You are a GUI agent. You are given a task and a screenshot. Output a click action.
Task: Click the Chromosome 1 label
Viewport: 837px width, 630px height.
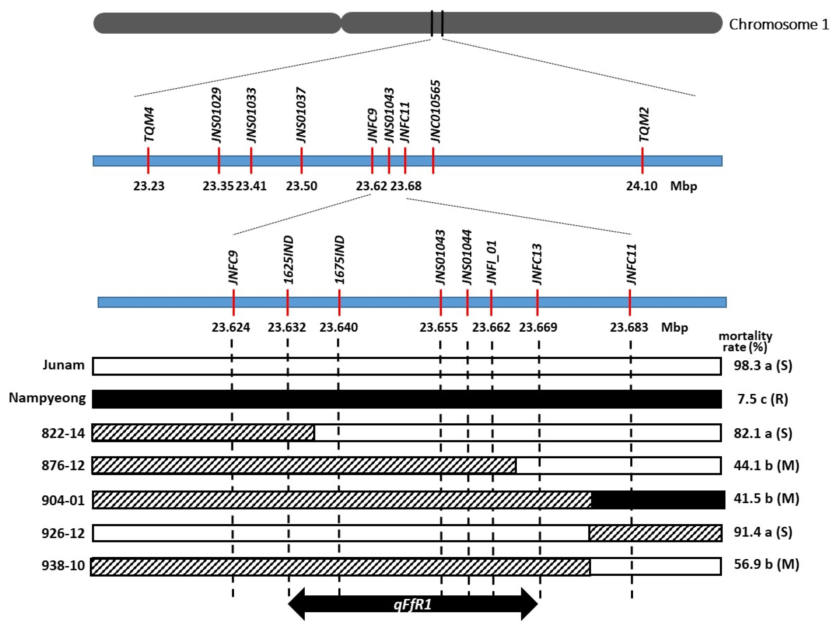click(778, 25)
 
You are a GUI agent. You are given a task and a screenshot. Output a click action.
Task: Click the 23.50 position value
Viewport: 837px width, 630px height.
click(301, 186)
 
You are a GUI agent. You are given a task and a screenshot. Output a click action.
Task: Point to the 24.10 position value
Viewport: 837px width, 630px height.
click(641, 186)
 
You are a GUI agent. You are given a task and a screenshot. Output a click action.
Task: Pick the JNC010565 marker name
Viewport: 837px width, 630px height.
click(436, 111)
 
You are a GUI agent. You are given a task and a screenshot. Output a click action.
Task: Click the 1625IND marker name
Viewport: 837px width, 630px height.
click(289, 260)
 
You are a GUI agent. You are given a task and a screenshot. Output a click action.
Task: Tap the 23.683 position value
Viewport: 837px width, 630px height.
click(629, 327)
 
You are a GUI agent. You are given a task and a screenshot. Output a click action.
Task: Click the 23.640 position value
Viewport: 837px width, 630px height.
click(338, 327)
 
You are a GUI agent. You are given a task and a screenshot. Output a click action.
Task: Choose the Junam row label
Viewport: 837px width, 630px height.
click(64, 365)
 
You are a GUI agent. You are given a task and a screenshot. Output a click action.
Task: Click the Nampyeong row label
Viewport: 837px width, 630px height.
click(47, 398)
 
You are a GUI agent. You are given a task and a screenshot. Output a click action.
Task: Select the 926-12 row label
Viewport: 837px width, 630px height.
click(63, 533)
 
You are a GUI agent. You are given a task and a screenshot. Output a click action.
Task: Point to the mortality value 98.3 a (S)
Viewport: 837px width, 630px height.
click(763, 366)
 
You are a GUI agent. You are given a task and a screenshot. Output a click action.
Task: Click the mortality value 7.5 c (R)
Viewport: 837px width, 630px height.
click(763, 399)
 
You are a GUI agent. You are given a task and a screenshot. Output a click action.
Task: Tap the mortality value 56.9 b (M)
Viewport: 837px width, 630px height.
click(766, 565)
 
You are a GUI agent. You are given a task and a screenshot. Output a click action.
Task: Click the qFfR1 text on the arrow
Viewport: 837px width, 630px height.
click(412, 605)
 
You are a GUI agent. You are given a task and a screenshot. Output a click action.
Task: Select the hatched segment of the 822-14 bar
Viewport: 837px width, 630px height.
click(203, 433)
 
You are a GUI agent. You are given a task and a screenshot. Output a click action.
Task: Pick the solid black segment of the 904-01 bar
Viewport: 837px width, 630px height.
click(658, 500)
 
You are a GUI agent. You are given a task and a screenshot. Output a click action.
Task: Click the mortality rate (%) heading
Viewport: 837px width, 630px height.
click(745, 341)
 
